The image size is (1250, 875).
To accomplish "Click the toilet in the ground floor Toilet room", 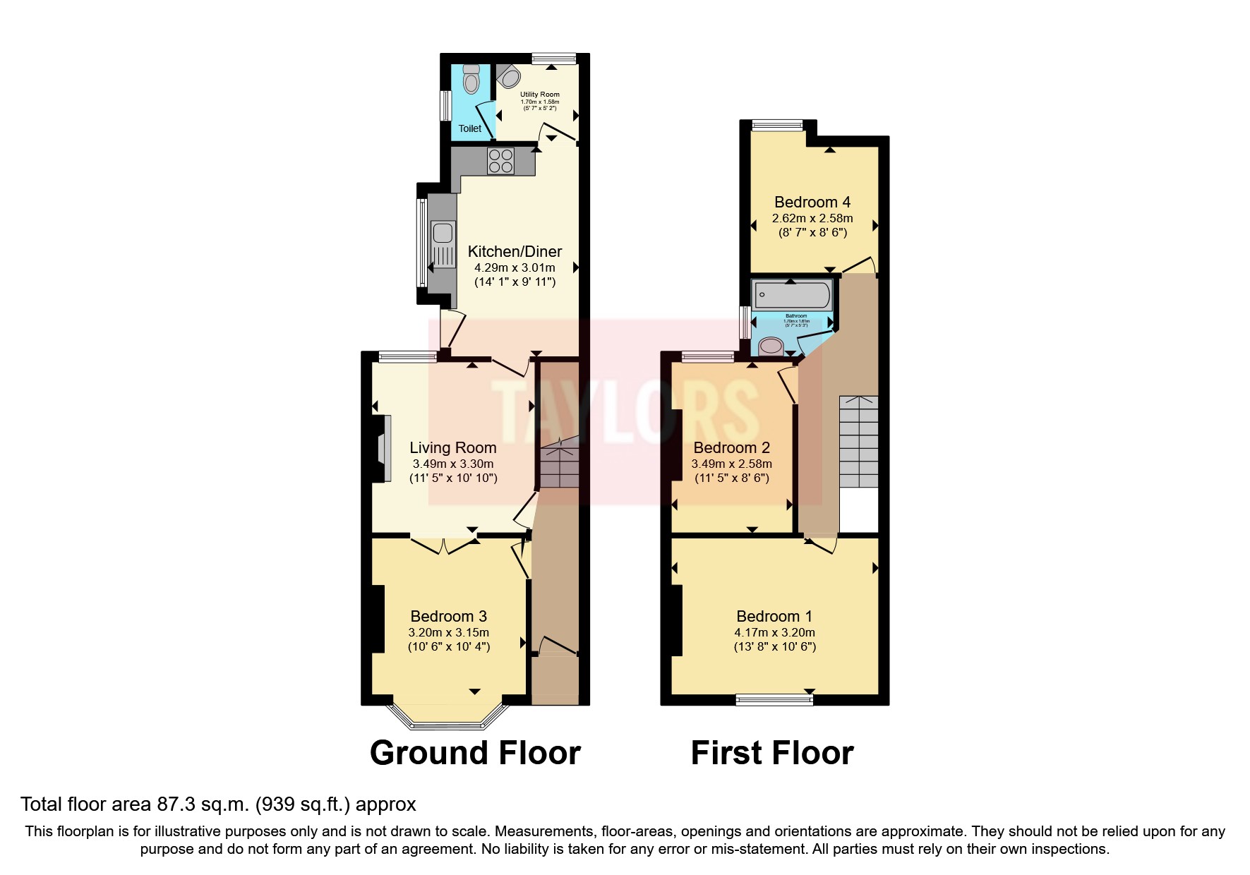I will pos(471,79).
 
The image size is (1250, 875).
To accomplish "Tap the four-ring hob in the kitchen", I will pos(501,161).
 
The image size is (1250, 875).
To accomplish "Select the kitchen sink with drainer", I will pos(443,244).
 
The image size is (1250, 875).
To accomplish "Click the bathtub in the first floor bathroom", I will pos(791,294).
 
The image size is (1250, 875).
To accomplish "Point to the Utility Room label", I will pos(540,94).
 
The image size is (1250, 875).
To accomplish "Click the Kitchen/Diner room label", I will pos(515,251).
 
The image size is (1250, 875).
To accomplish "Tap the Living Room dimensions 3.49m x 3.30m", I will pos(453,464).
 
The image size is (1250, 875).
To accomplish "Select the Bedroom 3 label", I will pos(449,616).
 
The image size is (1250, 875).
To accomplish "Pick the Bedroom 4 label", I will pos(812,202).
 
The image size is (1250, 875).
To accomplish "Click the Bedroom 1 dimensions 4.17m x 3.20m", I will pos(774,632).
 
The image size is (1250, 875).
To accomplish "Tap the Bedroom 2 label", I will pos(731,447).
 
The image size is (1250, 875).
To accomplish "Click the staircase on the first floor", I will pos(858,441).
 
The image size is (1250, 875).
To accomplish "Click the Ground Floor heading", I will pos(475,753).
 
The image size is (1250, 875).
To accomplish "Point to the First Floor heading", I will pos(772,753).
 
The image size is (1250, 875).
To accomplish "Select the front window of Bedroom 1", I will pos(774,699).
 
